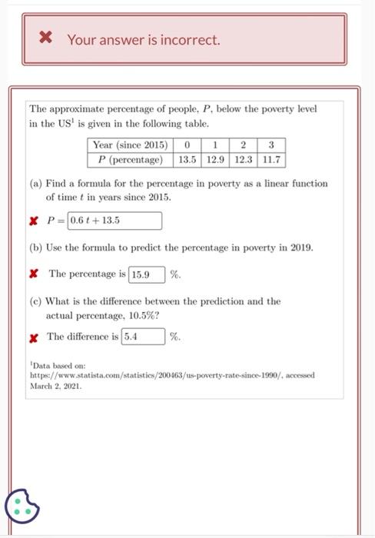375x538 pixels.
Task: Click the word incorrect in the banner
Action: pyautogui.click(x=188, y=39)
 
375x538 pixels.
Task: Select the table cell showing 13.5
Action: pyautogui.click(x=187, y=160)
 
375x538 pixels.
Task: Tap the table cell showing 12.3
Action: pyautogui.click(x=244, y=160)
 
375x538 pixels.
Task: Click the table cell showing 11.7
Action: pyautogui.click(x=271, y=160)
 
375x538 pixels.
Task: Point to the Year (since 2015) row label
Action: pyautogui.click(x=130, y=144)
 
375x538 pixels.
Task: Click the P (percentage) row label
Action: pyautogui.click(x=130, y=160)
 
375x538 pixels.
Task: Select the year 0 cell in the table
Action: pyautogui.click(x=187, y=144)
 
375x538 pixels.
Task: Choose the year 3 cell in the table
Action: pyautogui.click(x=271, y=144)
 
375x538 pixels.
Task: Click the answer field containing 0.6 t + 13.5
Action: pyautogui.click(x=114, y=221)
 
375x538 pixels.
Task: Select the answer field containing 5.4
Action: pyautogui.click(x=143, y=337)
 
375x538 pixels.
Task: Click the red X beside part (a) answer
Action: pyautogui.click(x=34, y=221)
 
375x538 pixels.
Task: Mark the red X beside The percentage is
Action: pyautogui.click(x=34, y=274)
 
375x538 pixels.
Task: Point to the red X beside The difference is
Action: pyautogui.click(x=34, y=337)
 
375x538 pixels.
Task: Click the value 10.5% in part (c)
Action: pyautogui.click(x=144, y=315)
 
